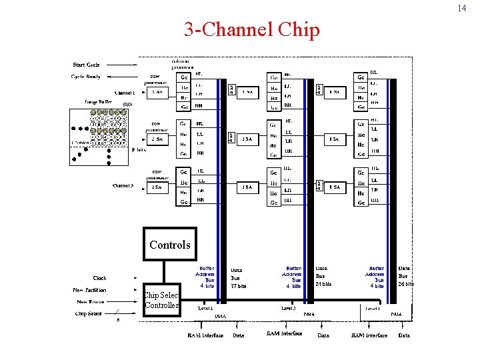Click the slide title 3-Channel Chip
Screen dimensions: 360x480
click(x=251, y=30)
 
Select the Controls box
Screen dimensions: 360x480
click(x=169, y=245)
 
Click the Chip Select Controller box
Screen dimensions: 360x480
click(x=161, y=300)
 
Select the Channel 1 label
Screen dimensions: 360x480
click(x=124, y=93)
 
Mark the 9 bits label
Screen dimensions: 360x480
click(x=138, y=150)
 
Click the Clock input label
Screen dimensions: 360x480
click(x=99, y=278)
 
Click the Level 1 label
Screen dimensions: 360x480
click(x=205, y=309)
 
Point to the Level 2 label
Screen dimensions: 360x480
click(x=287, y=309)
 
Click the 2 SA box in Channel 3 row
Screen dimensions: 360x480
click(x=157, y=187)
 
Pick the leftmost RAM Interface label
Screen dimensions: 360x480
click(x=205, y=335)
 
